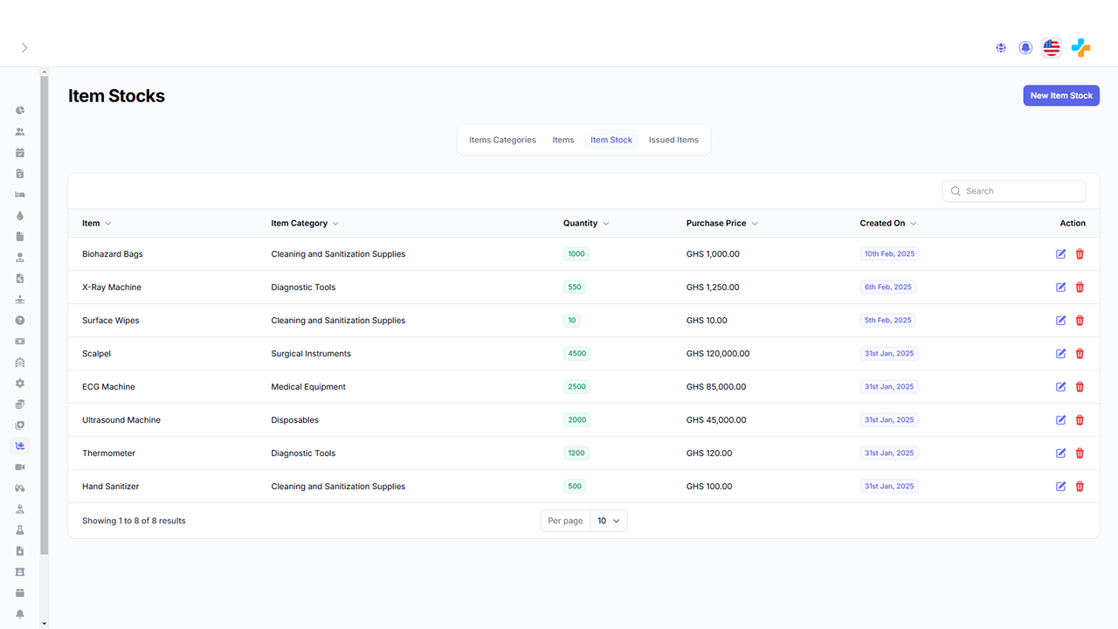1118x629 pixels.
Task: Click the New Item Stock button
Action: click(1060, 95)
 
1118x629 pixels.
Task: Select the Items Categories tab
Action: click(502, 140)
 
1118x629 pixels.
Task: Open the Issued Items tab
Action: click(673, 140)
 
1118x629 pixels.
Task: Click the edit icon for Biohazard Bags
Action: click(1060, 254)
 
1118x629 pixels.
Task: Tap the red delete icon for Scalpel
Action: click(1080, 354)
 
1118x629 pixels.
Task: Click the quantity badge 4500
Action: click(576, 354)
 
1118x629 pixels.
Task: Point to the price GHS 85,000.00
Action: click(716, 387)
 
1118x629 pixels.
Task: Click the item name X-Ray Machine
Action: click(112, 287)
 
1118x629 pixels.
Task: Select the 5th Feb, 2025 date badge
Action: click(887, 321)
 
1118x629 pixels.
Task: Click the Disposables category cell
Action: click(295, 420)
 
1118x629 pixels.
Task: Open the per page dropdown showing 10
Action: click(608, 521)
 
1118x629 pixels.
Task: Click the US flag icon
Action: click(1052, 48)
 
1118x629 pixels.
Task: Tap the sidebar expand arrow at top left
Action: click(24, 48)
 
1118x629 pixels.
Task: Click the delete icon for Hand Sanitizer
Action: click(1080, 487)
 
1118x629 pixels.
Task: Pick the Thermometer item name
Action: click(109, 453)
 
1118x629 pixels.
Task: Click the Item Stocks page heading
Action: click(117, 96)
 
